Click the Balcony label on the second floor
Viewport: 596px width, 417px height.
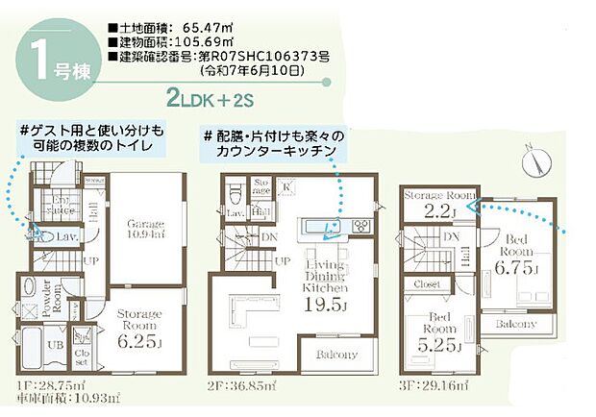click(335, 355)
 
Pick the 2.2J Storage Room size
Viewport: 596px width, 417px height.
click(439, 211)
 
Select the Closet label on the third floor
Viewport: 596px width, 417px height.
click(427, 285)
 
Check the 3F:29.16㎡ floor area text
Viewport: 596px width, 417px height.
click(434, 387)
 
